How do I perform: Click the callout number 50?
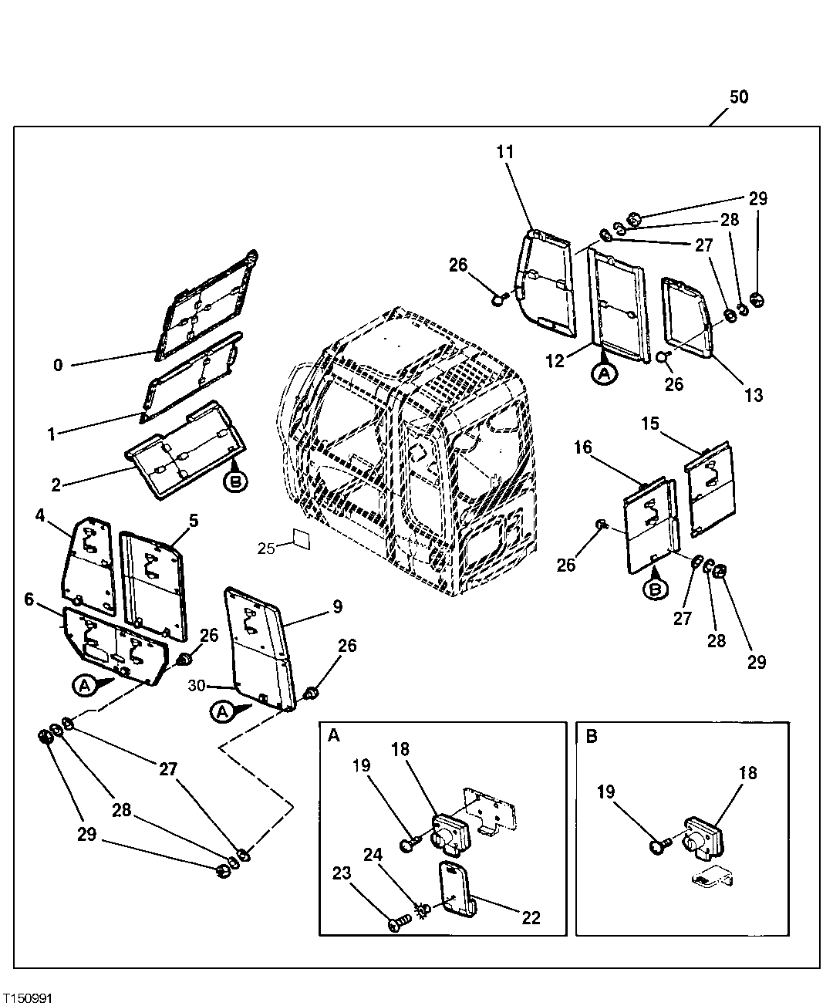738,97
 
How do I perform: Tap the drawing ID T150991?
28,998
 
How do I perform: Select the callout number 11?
504,151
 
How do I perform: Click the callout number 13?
753,395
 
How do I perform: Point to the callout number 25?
265,548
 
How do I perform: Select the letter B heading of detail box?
592,736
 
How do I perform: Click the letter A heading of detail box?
334,736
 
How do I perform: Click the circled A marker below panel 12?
604,373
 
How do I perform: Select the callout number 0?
58,365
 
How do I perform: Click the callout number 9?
337,606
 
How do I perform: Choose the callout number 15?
650,424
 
